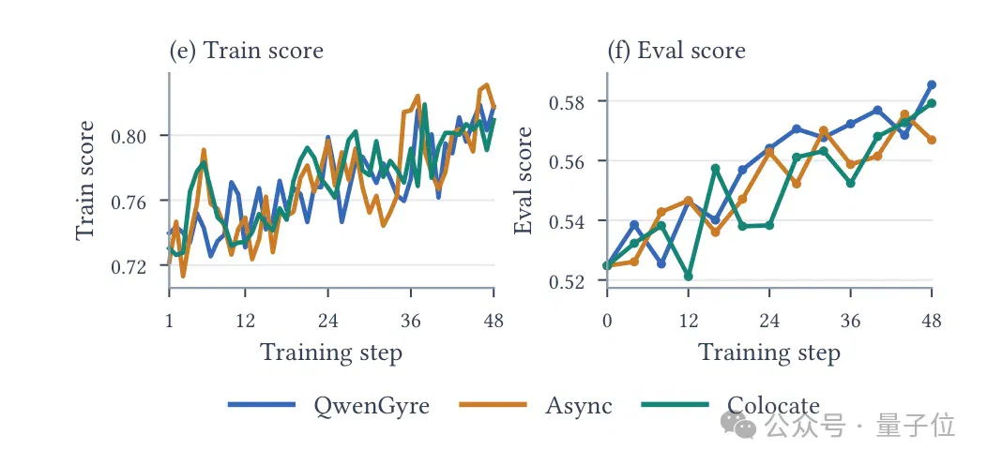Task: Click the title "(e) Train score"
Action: pos(247,51)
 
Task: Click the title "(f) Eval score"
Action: pos(676,51)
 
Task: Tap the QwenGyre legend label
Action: pos(372,405)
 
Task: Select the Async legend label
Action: pos(579,405)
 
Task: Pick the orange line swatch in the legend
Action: pos(493,405)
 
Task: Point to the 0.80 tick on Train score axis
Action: pos(131,136)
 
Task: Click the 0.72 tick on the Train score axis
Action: pos(131,267)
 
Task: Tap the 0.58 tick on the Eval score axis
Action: pos(570,101)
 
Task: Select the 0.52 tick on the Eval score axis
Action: pos(570,280)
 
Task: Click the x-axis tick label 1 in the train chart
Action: pos(169,321)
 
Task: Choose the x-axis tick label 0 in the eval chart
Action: pos(607,321)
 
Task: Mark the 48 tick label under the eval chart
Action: pos(932,321)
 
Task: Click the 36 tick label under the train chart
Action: pos(410,321)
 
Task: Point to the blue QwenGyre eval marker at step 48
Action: pos(932,84)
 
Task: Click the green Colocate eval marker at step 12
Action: pos(688,277)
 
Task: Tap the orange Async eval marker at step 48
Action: pos(932,140)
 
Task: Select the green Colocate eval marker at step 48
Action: pos(932,103)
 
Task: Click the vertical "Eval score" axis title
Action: pos(524,180)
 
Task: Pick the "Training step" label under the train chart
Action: pos(331,352)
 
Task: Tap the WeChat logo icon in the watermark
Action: pos(738,425)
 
